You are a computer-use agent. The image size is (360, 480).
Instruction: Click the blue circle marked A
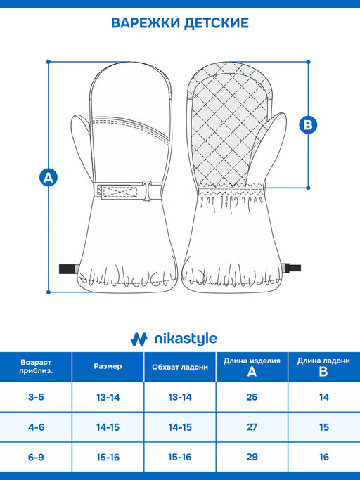tap(49, 177)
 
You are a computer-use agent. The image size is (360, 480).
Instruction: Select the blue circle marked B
tap(308, 124)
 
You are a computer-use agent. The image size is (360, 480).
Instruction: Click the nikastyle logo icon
tap(139, 339)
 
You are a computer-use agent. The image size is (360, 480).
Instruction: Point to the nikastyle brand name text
tap(186, 339)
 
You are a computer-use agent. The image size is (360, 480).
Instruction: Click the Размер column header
tap(108, 366)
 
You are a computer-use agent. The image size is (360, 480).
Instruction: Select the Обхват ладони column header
tap(180, 367)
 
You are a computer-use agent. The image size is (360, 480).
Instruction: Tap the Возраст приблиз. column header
tap(36, 367)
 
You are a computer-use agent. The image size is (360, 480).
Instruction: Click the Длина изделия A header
tap(252, 366)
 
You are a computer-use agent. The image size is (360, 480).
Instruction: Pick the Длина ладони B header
tap(323, 366)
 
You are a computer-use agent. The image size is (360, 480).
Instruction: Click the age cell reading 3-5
tap(36, 397)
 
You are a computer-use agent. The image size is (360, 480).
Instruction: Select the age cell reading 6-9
tap(36, 457)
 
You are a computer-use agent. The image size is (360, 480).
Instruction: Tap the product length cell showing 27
tap(252, 427)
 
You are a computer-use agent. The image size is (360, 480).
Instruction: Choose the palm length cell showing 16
tap(324, 457)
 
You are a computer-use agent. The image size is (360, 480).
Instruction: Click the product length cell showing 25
tap(252, 397)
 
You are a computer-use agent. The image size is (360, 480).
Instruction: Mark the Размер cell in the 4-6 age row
tap(108, 427)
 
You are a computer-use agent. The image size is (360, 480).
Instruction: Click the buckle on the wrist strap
tap(147, 190)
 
